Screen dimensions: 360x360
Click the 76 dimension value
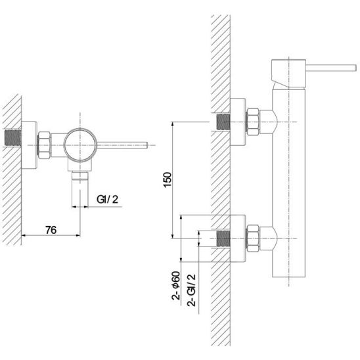pyautogui.click(x=51, y=230)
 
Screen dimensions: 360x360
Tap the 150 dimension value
pyautogui.click(x=168, y=180)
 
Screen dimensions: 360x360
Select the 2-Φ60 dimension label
pyautogui.click(x=176, y=286)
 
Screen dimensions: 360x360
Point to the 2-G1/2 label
pyautogui.click(x=191, y=290)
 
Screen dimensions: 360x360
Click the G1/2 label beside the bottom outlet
pyautogui.click(x=108, y=199)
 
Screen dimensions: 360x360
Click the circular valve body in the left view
pyautogui.click(x=80, y=145)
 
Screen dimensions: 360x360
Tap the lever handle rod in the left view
pyautogui.click(x=122, y=145)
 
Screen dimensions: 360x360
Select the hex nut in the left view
pyautogui.click(x=44, y=145)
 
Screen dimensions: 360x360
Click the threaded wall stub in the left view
pyautogui.click(x=13, y=138)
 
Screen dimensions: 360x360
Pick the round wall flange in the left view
pyautogui.click(x=29, y=145)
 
